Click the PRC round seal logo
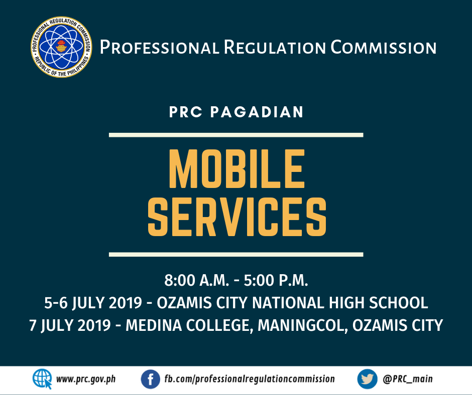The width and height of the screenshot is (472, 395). pos(61,47)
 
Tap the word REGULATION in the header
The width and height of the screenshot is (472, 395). pos(275,48)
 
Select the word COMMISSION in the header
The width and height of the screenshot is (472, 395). pos(384,48)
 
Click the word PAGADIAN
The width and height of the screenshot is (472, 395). pos(257,112)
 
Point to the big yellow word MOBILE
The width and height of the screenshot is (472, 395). pos(237,169)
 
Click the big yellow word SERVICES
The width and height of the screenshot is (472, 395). pos(237,217)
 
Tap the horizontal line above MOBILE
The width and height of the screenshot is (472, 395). pos(236,135)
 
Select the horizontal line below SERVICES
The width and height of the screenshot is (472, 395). pos(236,255)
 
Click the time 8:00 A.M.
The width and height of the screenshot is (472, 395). pos(196,280)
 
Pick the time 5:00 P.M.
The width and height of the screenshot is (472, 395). pos(276,280)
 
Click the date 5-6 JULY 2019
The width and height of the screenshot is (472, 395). pos(93,303)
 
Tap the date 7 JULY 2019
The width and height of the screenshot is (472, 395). pos(70,325)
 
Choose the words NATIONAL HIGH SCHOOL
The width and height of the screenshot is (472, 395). pos(340,303)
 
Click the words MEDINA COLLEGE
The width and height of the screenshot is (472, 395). pos(188,325)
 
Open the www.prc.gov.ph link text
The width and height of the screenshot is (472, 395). pos(86,379)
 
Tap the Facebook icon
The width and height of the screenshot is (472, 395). pos(151,379)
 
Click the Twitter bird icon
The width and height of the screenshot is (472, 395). pos(367,379)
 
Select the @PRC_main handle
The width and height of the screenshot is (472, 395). pos(408,379)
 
